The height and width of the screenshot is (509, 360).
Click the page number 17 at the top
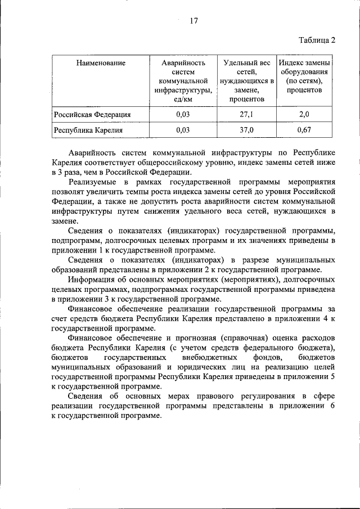pos(193,21)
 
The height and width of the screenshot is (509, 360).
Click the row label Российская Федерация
pos(92,115)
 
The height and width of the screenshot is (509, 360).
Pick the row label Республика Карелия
pos(88,130)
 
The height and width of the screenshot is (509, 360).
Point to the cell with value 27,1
pos(246,115)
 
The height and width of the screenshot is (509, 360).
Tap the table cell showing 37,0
pos(246,130)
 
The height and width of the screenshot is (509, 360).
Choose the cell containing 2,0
pos(304,115)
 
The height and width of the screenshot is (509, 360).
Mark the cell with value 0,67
pos(304,130)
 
